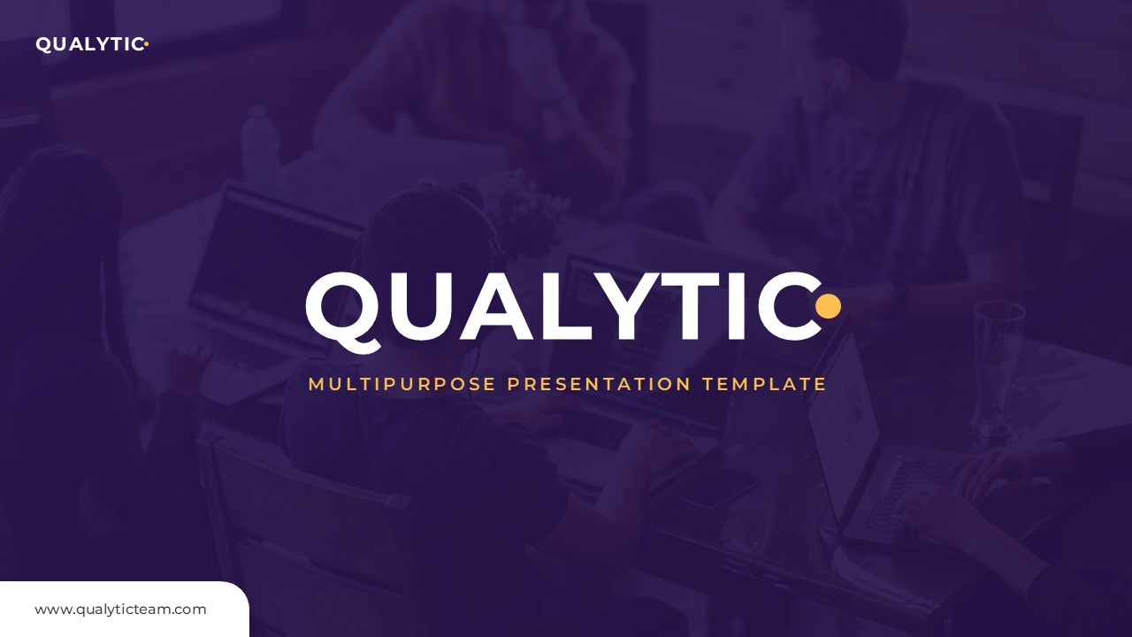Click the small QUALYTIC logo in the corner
coord(90,44)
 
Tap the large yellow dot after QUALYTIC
coord(828,306)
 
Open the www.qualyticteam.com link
coord(120,610)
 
